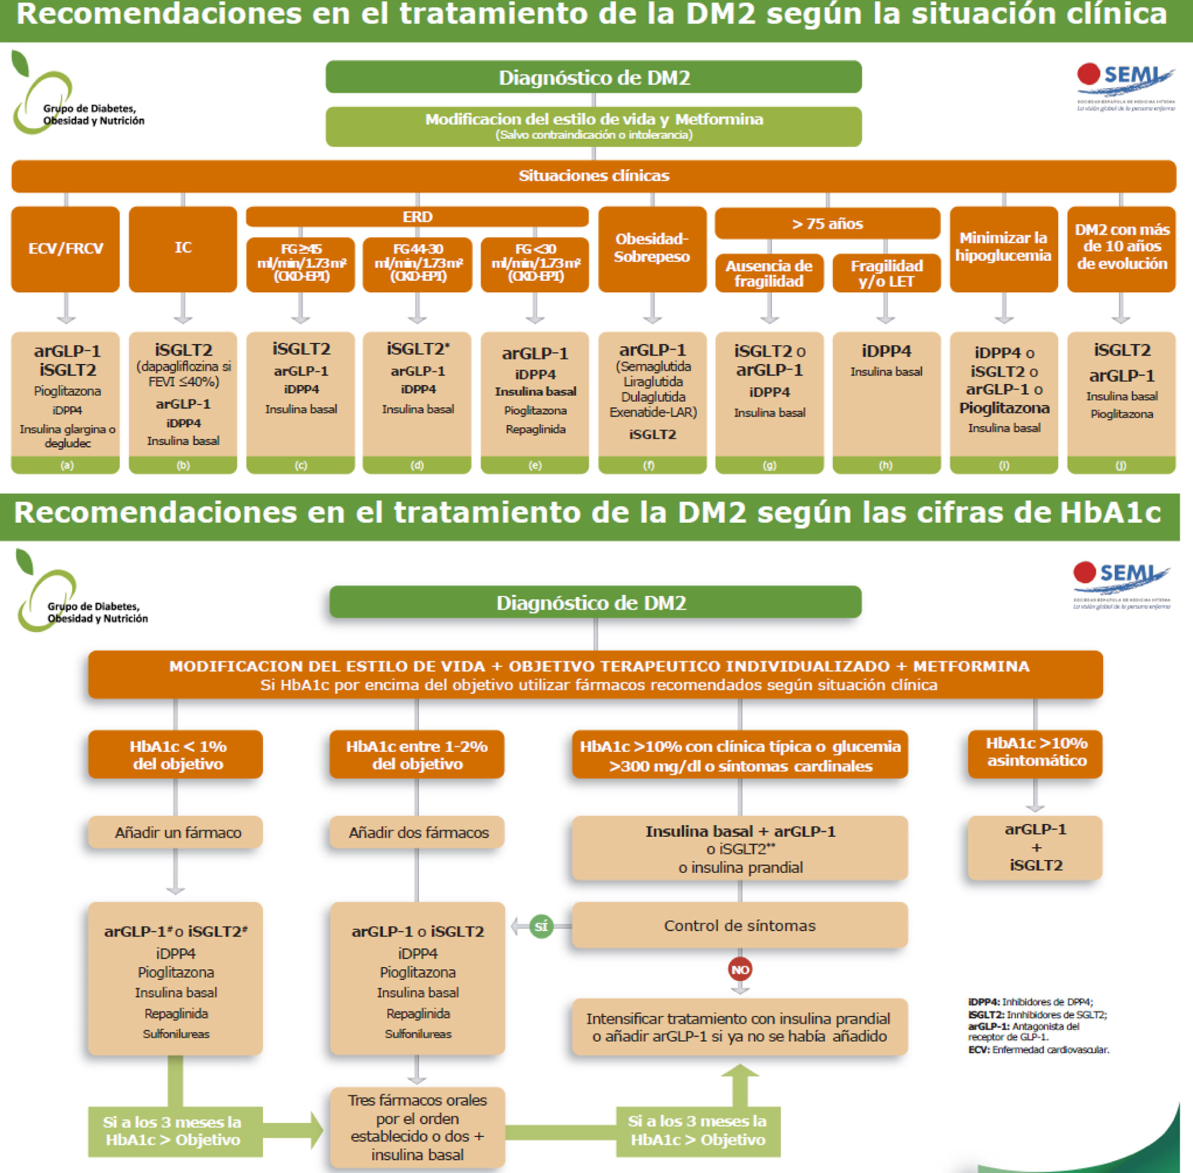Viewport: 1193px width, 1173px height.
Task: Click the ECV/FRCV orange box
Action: pyautogui.click(x=65, y=249)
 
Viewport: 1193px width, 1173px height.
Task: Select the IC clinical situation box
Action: pyautogui.click(x=183, y=249)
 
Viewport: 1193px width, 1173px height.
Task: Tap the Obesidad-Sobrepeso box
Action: pyautogui.click(x=652, y=249)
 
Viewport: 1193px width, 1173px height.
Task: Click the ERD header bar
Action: pyautogui.click(x=417, y=217)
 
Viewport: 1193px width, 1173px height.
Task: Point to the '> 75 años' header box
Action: pyautogui.click(x=827, y=224)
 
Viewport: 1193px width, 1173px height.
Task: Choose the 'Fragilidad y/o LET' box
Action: pyautogui.click(x=886, y=273)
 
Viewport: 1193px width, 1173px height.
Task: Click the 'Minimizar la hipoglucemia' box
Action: pyautogui.click(x=1003, y=249)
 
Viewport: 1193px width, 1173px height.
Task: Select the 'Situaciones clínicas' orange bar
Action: pyautogui.click(x=594, y=176)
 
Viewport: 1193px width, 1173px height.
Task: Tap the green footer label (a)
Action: pyautogui.click(x=66, y=466)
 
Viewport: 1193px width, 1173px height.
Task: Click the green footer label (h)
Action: pyautogui.click(x=886, y=466)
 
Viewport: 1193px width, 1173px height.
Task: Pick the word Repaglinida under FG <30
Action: pyautogui.click(x=535, y=429)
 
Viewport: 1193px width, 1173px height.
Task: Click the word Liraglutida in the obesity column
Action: pyautogui.click(x=652, y=382)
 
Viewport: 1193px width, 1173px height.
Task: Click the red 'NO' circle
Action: pyautogui.click(x=740, y=970)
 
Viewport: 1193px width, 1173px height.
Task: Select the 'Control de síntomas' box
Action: pyautogui.click(x=740, y=925)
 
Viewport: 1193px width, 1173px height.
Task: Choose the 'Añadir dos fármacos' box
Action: pyautogui.click(x=417, y=833)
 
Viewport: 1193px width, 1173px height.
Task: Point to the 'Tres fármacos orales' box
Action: pyautogui.click(x=417, y=1127)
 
